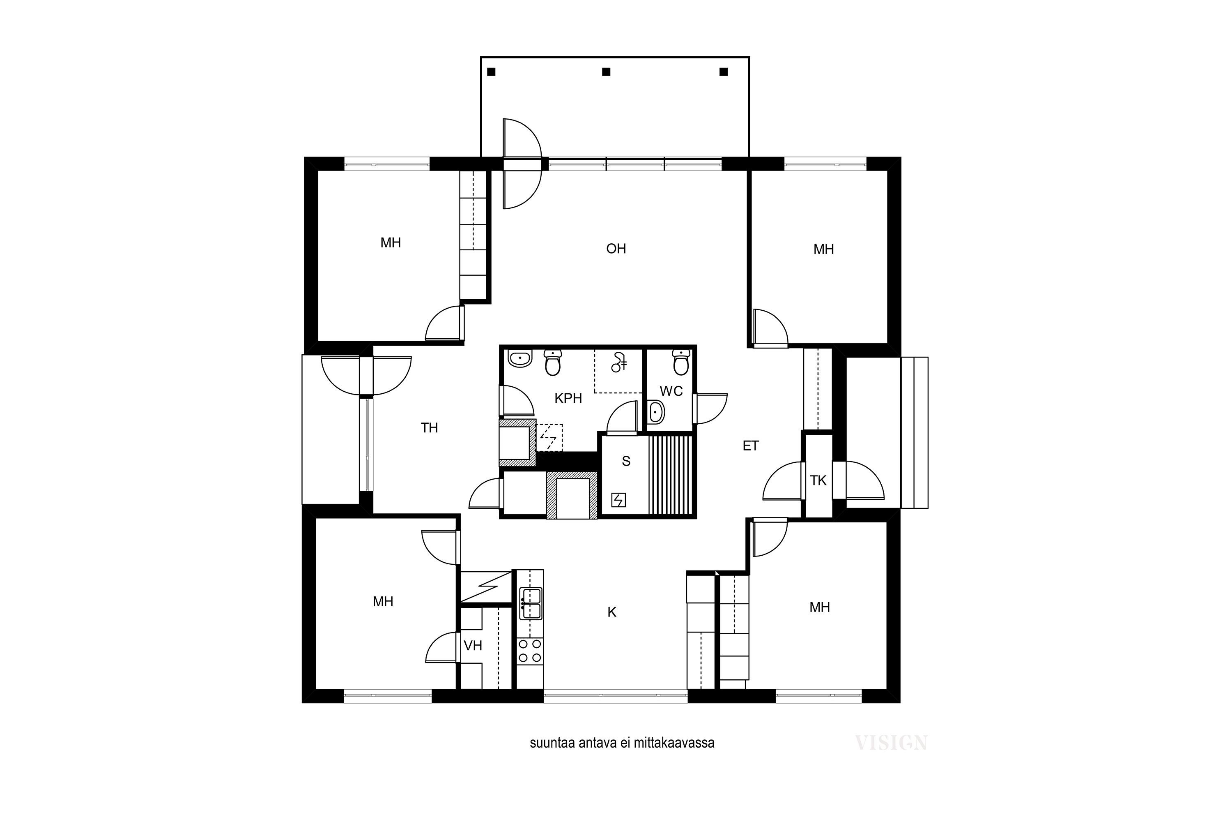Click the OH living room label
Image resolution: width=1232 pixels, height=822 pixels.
pos(616,249)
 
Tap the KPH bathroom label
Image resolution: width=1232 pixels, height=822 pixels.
pos(568,398)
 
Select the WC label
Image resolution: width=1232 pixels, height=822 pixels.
pos(671,391)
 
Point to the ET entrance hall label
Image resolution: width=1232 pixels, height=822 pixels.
pos(751,446)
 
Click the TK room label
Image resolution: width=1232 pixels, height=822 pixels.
pos(818,480)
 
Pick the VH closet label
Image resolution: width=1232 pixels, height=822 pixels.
pos(473,645)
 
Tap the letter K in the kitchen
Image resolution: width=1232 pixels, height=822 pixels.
pos(612,612)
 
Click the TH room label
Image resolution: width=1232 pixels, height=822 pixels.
pos(430,428)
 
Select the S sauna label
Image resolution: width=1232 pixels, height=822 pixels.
pos(626,461)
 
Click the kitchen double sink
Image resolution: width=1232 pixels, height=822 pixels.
pos(531,603)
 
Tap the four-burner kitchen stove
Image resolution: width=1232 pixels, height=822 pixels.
pos(530,651)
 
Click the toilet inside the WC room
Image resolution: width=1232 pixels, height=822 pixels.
pos(681,361)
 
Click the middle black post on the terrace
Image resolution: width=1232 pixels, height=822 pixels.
pos(606,72)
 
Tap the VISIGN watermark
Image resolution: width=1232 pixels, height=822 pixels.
pos(891,743)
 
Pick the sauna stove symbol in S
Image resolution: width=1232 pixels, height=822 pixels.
pos(618,500)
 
